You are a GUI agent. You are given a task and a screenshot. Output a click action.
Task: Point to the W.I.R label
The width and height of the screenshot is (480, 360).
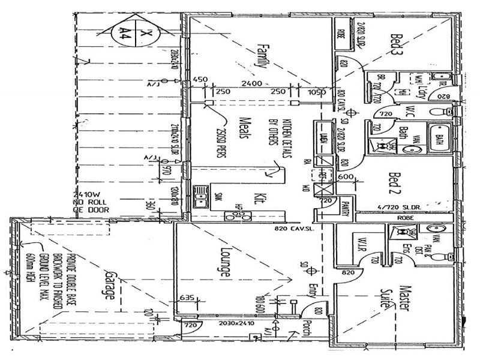point(362,245)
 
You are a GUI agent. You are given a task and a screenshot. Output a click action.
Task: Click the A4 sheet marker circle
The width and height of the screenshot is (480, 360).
point(127,31)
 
